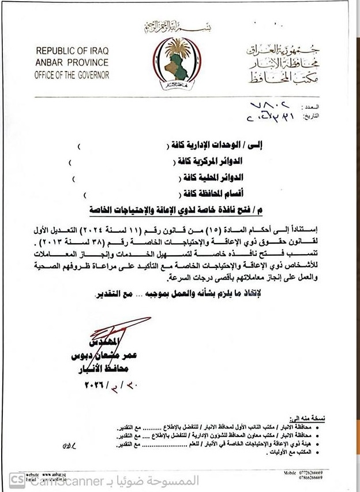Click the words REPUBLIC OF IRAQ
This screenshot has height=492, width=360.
point(72,53)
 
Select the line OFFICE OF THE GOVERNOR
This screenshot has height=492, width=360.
point(72,74)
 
